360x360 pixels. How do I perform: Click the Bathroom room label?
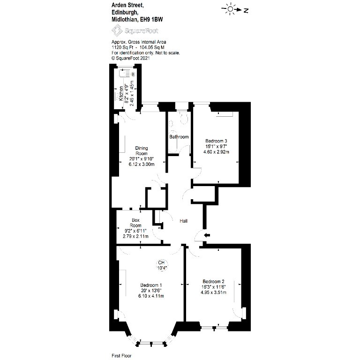[179, 137]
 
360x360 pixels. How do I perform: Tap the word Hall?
[183, 221]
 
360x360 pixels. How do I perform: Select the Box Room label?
[135, 223]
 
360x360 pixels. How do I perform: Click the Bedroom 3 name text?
[216, 141]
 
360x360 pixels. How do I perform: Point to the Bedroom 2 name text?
[213, 281]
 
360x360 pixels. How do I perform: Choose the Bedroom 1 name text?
[151, 285]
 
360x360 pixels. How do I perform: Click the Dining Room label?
[142, 150]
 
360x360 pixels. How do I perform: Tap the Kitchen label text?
[121, 93]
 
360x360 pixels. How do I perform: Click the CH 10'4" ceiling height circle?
[161, 265]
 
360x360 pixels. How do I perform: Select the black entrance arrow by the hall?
[207, 235]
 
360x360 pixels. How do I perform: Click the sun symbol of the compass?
[230, 9]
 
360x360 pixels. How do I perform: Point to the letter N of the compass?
[246, 10]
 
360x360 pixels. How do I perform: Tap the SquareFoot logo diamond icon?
[117, 30]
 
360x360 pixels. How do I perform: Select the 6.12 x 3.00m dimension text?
[142, 165]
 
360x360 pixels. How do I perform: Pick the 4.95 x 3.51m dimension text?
[213, 292]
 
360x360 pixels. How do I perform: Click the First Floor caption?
[121, 356]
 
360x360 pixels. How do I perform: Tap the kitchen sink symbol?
[125, 74]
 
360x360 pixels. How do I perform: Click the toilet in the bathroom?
[184, 118]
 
